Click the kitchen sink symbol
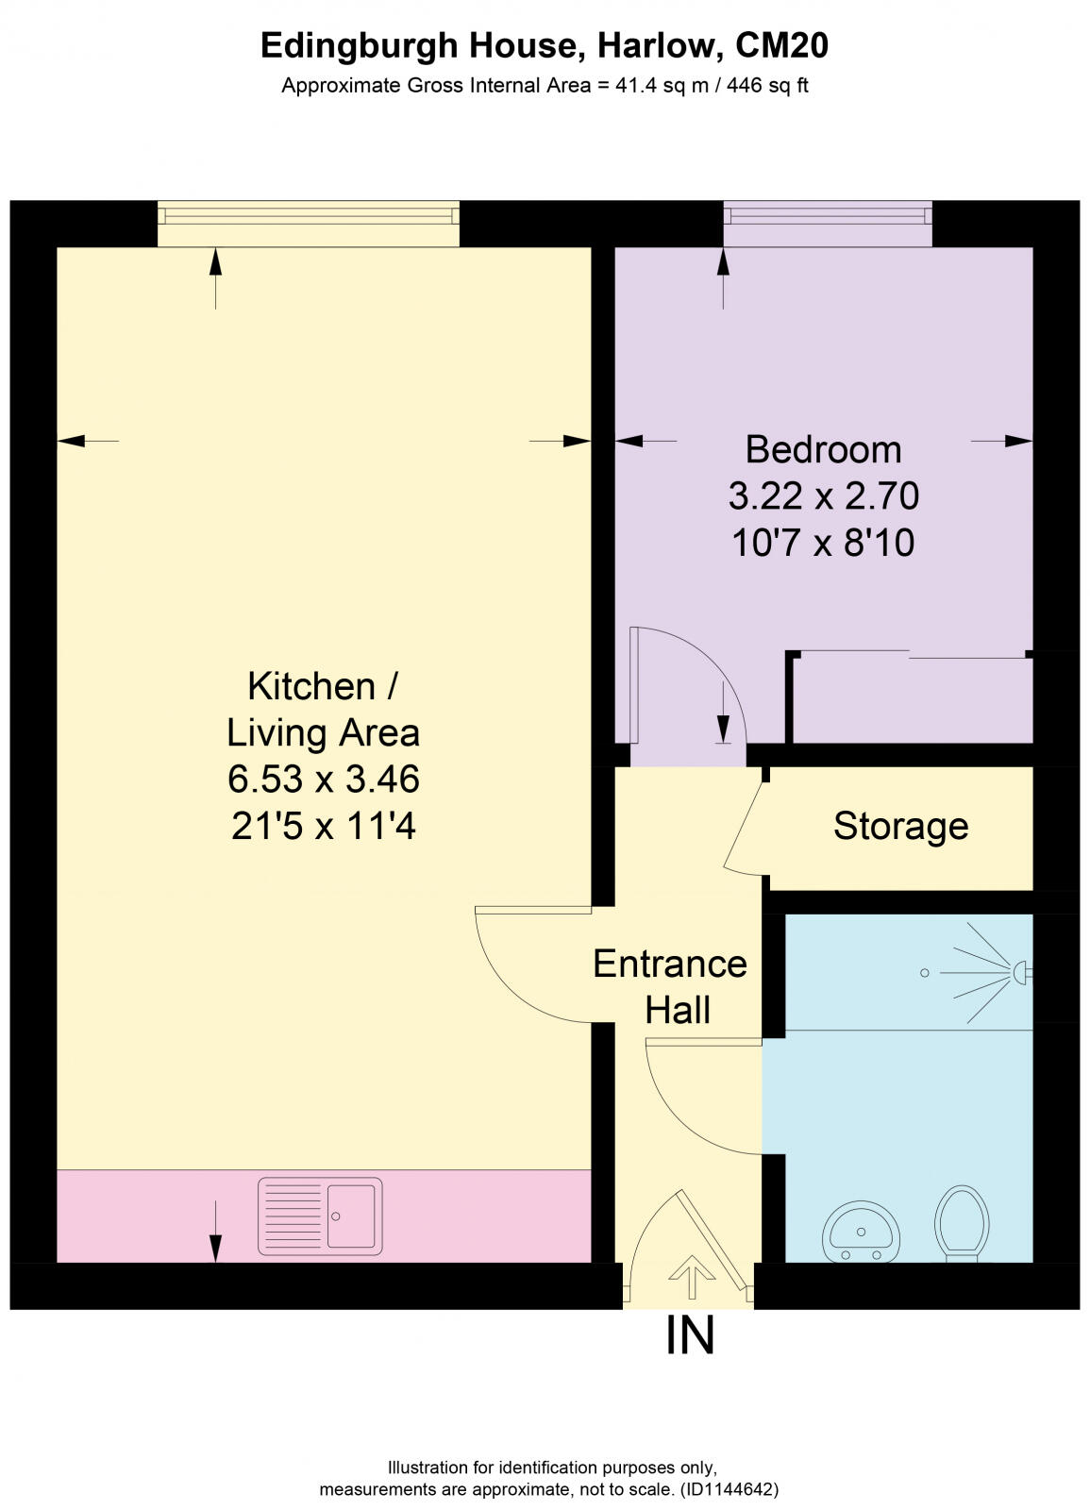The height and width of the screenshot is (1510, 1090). (x=320, y=1216)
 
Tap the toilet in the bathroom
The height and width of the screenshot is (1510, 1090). (x=961, y=1223)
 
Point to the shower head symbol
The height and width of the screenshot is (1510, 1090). (x=1019, y=971)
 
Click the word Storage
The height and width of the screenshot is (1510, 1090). (x=900, y=826)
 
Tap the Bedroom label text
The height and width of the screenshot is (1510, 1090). (x=823, y=449)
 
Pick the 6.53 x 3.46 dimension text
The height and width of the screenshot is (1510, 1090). (x=323, y=780)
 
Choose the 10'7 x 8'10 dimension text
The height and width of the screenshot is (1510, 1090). (x=823, y=543)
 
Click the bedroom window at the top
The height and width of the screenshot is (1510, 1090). (x=827, y=223)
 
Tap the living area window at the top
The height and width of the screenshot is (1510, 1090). (x=308, y=223)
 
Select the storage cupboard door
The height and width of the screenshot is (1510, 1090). (x=743, y=819)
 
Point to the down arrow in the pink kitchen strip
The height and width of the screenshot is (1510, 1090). (x=215, y=1232)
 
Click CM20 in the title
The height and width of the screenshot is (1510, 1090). (x=781, y=45)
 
